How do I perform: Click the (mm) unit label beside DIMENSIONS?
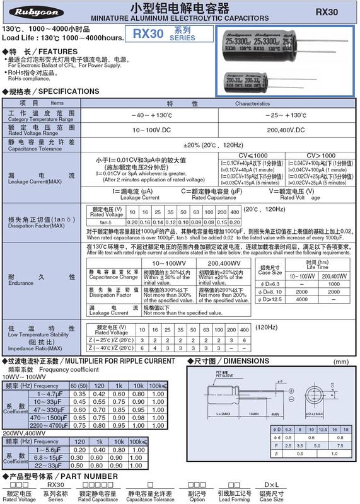coord(341,362)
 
